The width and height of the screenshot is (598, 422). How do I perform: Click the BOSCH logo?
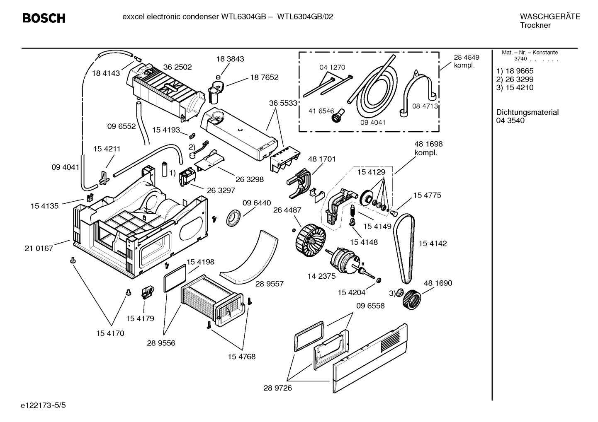point(44,18)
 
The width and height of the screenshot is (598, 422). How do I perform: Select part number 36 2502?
point(177,67)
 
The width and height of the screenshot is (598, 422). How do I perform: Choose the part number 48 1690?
point(438,283)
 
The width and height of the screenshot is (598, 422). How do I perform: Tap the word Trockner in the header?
point(535,25)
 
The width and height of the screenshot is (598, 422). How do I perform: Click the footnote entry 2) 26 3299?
point(515,79)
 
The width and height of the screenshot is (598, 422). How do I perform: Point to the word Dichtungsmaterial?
point(527,112)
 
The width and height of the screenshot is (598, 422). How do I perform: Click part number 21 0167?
point(39,248)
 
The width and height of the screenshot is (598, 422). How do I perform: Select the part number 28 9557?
point(269,284)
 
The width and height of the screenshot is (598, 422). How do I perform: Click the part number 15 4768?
point(241,356)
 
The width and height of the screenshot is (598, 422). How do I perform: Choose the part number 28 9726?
point(277,388)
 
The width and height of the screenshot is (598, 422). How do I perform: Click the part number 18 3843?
point(230,59)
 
